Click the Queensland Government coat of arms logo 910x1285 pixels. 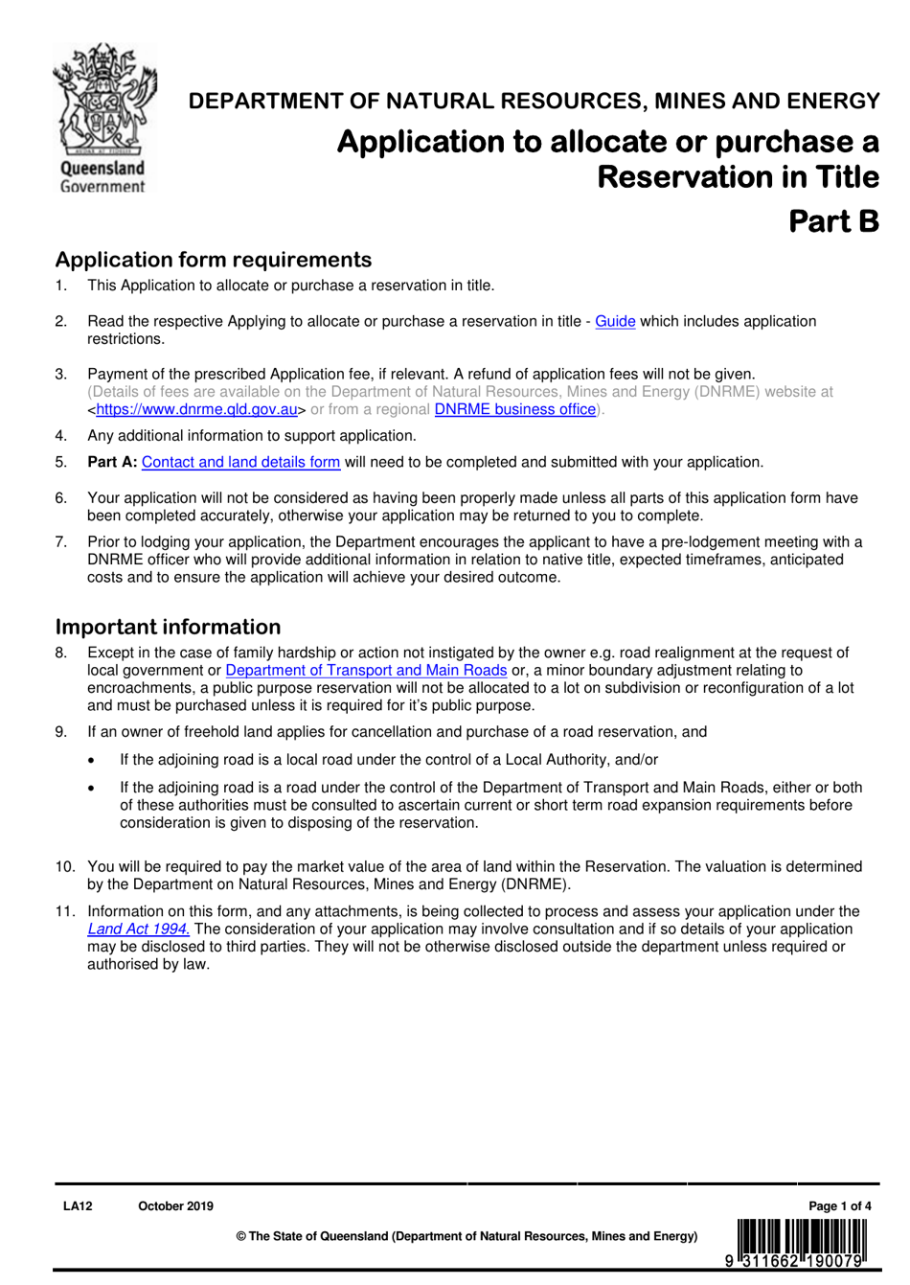pyautogui.click(x=102, y=117)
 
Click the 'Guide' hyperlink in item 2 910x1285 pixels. pyautogui.click(x=615, y=322)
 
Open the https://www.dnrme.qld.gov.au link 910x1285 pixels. pyautogui.click(x=196, y=410)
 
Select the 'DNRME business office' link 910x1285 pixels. pyautogui.click(x=514, y=410)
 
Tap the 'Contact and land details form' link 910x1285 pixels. pyautogui.click(x=240, y=463)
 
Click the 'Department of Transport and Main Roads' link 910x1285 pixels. pyautogui.click(x=366, y=671)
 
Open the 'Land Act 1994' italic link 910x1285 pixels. pyautogui.click(x=138, y=929)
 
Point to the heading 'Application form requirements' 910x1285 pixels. pyautogui.click(x=213, y=260)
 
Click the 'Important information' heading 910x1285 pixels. pyautogui.click(x=168, y=627)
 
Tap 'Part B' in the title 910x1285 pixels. pyautogui.click(x=832, y=221)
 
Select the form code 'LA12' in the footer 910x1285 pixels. pyautogui.click(x=78, y=1206)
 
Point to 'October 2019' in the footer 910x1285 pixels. pyautogui.click(x=175, y=1206)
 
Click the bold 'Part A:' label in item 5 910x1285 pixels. pyautogui.click(x=112, y=463)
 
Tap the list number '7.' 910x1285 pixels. pyautogui.click(x=61, y=542)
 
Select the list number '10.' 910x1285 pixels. pyautogui.click(x=64, y=867)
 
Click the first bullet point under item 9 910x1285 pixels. pyautogui.click(x=91, y=761)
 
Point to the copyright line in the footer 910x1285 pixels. pyautogui.click(x=466, y=1236)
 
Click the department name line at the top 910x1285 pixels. pyautogui.click(x=534, y=102)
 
